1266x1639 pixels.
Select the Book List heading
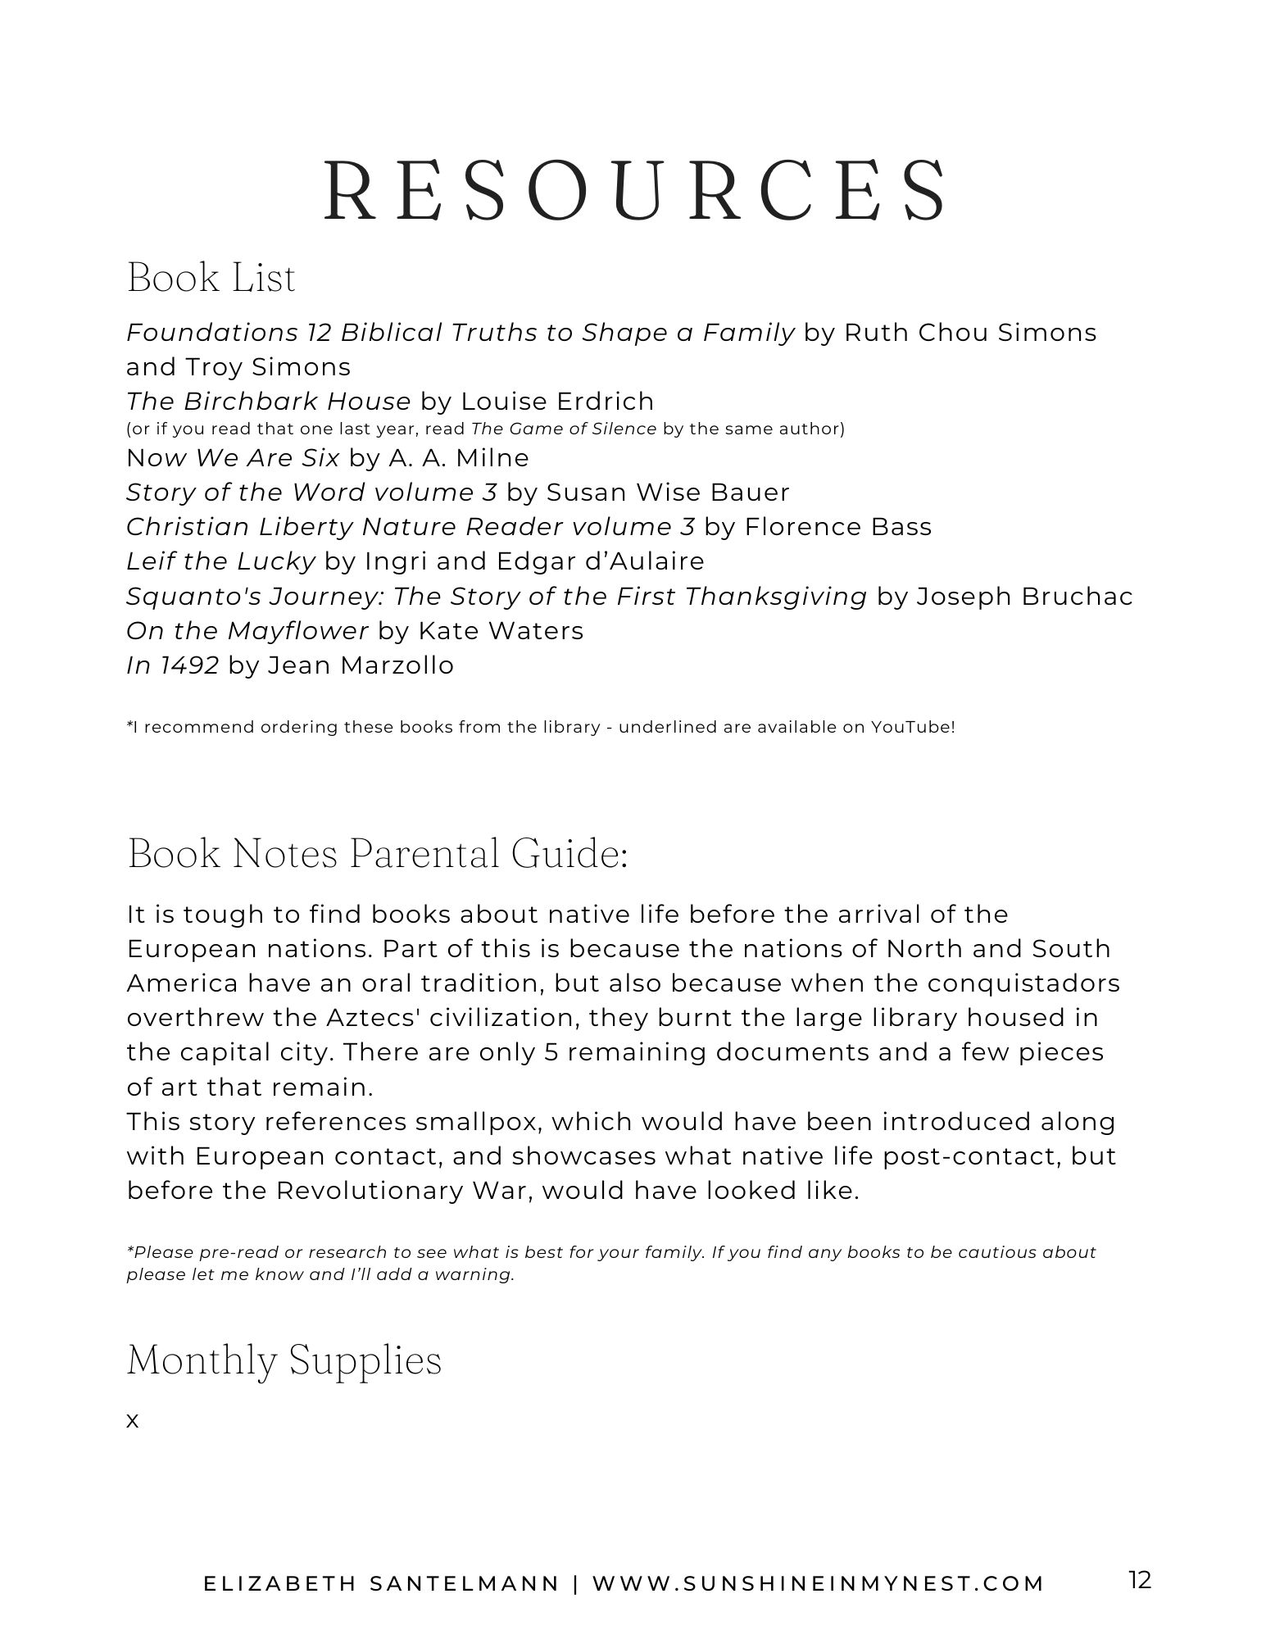[211, 277]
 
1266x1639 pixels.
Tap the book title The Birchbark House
[268, 402]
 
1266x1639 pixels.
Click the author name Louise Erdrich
[557, 402]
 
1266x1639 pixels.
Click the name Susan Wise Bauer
[668, 493]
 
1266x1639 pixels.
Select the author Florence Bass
[837, 527]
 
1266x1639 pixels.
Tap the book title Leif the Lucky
[220, 561]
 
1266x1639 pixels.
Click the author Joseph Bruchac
[1024, 597]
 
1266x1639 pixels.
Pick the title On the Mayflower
[247, 631]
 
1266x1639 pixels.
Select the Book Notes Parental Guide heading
[378, 853]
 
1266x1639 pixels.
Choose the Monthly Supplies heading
[284, 1360]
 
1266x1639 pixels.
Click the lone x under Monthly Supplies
[133, 1421]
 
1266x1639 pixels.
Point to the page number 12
[1139, 1580]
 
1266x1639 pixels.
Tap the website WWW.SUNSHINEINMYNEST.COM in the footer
[819, 1584]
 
